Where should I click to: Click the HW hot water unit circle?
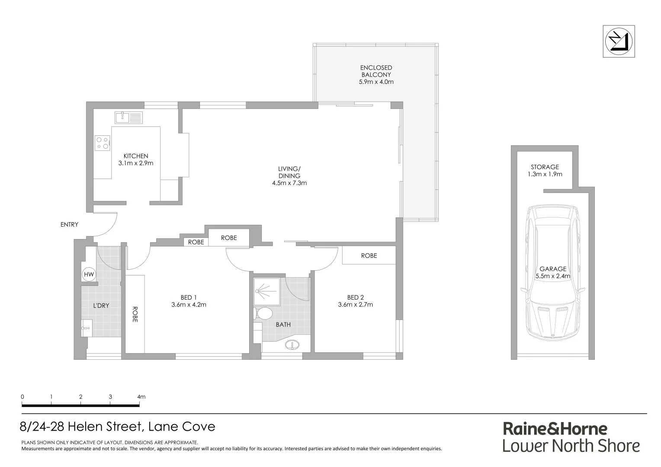(x=89, y=275)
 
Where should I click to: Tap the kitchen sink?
(x=128, y=117)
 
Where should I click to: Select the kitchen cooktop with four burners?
(x=103, y=143)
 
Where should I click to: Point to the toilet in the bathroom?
(x=263, y=313)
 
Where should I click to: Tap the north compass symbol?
(x=619, y=41)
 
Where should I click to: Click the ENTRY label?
(x=70, y=225)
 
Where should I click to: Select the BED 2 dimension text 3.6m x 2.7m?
(x=355, y=304)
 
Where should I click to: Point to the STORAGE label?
(x=545, y=167)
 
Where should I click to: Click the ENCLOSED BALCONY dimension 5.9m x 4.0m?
(x=376, y=82)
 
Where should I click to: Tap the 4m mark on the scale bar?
(x=140, y=397)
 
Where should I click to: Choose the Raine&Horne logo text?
(x=555, y=429)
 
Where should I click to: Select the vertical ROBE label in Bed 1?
(x=135, y=315)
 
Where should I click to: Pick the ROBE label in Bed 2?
(x=369, y=256)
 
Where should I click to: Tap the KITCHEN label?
(x=136, y=156)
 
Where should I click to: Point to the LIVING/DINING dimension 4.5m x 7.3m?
(x=289, y=183)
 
